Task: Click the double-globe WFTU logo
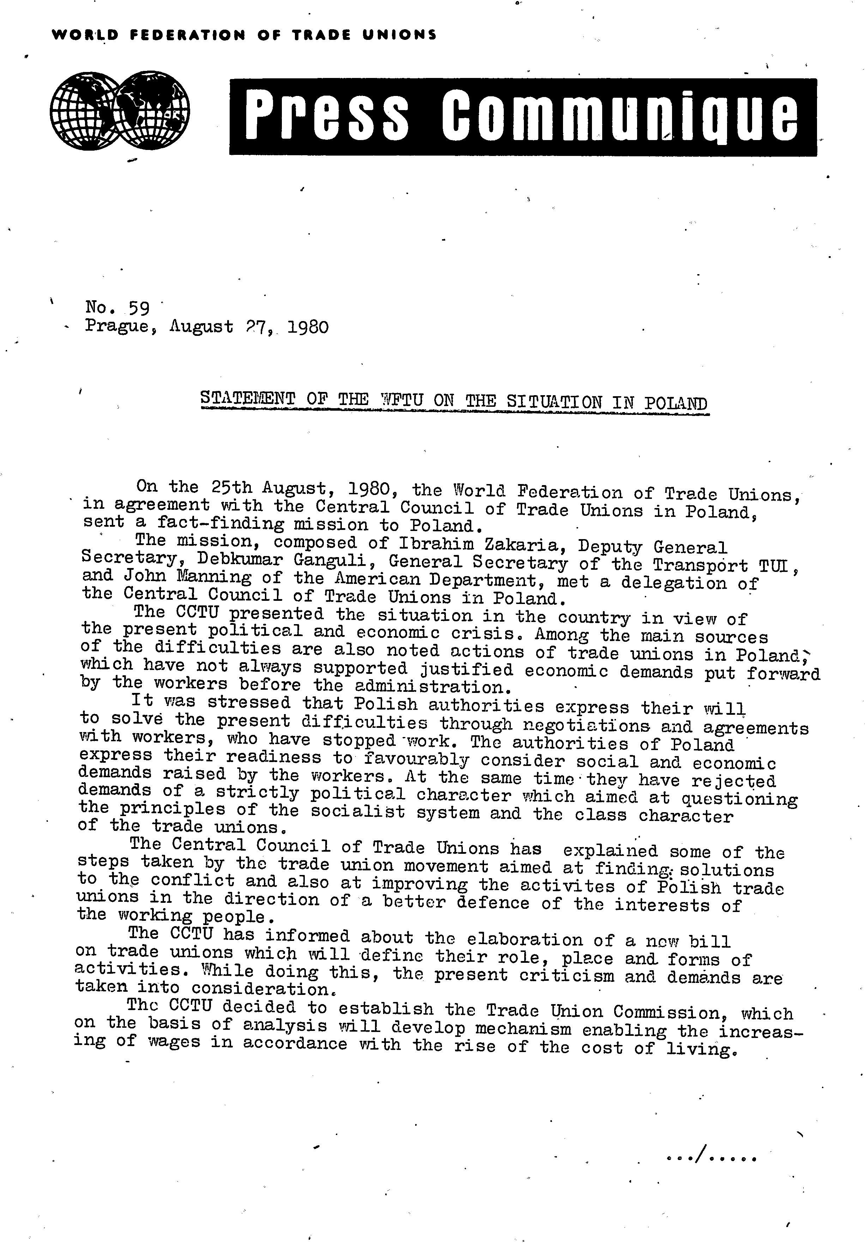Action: [x=120, y=110]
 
